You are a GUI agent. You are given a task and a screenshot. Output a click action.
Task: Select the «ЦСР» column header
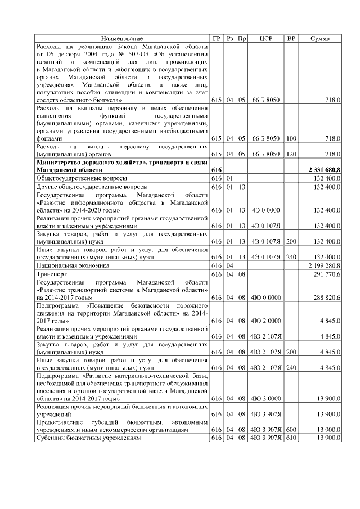(266, 38)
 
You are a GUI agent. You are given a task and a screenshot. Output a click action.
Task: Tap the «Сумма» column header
(320, 38)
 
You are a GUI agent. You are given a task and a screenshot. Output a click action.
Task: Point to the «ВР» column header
(291, 38)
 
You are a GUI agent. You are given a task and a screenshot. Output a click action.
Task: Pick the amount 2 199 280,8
(325, 265)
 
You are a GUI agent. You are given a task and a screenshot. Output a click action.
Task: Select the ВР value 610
(291, 438)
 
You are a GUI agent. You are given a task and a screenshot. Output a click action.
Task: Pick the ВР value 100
(291, 138)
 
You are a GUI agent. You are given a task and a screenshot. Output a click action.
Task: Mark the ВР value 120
(291, 154)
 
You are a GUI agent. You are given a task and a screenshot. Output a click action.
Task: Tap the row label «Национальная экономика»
(73, 265)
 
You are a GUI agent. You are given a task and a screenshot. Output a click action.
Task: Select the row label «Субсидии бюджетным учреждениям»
(88, 438)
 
